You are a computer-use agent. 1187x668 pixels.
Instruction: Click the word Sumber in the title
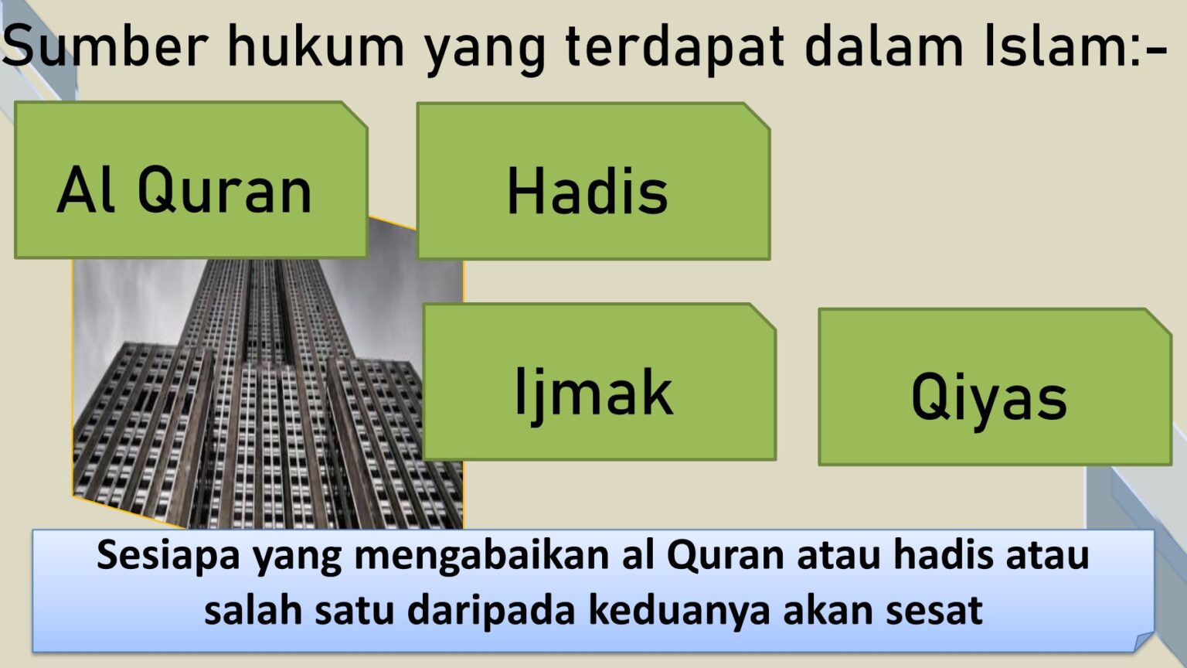coord(105,46)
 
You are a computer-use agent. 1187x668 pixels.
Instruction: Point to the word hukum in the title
coord(315,46)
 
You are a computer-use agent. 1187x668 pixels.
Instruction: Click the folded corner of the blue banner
coord(1144,641)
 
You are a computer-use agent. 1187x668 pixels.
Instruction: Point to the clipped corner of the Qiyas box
coord(1158,322)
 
